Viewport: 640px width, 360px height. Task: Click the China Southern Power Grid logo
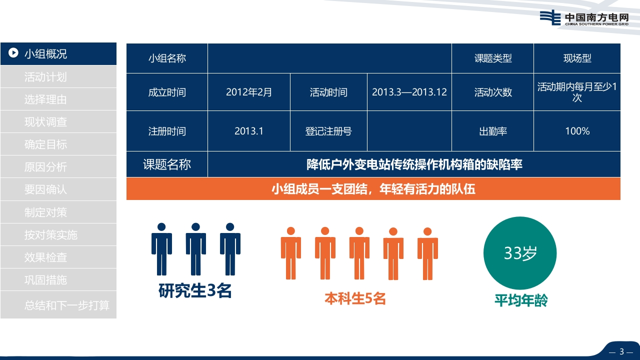584,17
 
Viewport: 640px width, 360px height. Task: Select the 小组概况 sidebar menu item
58,53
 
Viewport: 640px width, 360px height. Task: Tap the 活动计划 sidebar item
58,76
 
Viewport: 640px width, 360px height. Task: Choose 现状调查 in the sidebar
58,121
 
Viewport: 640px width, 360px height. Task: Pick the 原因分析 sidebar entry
58,167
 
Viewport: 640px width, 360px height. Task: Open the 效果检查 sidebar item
58,257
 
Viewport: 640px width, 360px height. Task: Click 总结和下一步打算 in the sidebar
58,305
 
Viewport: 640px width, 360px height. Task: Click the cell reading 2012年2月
249,92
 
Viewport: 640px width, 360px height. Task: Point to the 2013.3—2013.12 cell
409,92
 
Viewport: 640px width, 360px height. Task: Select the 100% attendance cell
577,131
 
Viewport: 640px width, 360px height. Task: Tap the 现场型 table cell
577,58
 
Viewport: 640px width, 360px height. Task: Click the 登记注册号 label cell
328,131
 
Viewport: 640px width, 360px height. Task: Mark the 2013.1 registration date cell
249,131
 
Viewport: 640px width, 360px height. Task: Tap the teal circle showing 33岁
520,253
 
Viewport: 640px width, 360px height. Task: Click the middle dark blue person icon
195,249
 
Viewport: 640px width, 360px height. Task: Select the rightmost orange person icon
427,253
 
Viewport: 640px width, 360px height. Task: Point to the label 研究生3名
195,291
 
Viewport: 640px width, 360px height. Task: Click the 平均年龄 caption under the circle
521,300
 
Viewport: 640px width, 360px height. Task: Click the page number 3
621,351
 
